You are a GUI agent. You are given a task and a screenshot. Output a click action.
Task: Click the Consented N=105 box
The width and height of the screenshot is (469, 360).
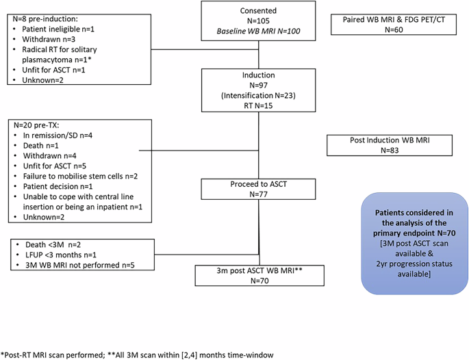258,21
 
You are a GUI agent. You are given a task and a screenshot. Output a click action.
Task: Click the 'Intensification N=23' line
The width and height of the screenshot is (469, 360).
258,96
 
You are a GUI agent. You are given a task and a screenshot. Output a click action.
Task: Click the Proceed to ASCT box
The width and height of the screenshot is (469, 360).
258,189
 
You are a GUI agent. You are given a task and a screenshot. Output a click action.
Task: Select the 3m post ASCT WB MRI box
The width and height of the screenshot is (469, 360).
258,274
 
